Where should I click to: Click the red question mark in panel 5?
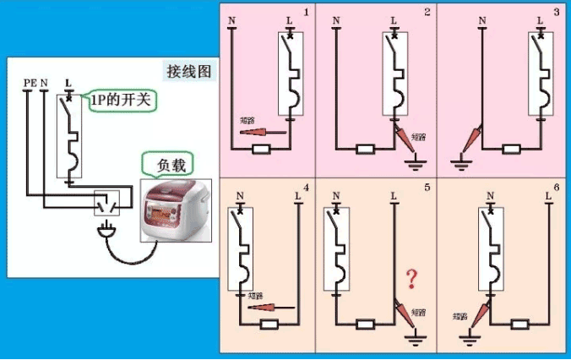(x=412, y=278)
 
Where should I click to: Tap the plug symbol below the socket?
(x=107, y=228)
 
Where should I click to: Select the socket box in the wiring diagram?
(x=107, y=202)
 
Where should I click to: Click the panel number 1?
(x=306, y=12)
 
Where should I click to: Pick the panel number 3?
(x=555, y=12)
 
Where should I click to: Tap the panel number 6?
(x=555, y=187)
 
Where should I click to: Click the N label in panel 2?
(x=336, y=20)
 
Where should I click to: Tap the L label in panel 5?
(x=394, y=196)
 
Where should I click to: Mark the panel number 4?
(x=306, y=187)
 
